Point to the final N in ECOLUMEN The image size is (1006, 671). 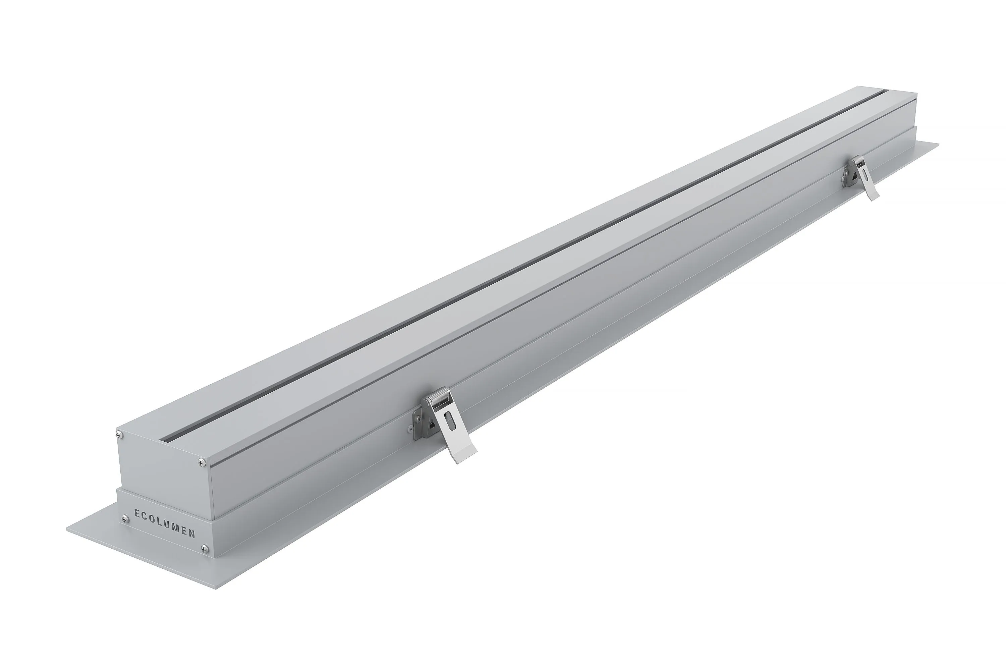pyautogui.click(x=192, y=534)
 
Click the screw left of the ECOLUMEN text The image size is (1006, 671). pyautogui.click(x=125, y=519)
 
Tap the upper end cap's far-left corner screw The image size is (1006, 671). pyautogui.click(x=120, y=435)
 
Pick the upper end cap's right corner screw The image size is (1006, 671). pyautogui.click(x=202, y=462)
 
